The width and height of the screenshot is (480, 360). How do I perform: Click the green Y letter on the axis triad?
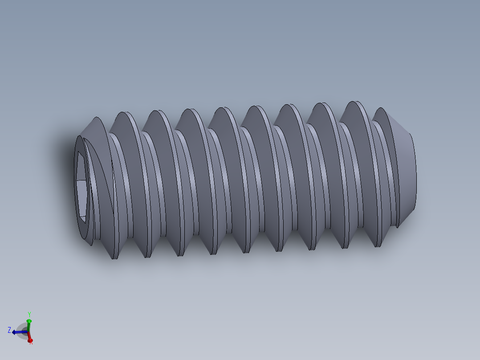[x=29, y=314]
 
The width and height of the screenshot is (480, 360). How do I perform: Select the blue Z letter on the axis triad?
[x=9, y=330]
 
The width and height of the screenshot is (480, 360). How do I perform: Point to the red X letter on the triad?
[x=31, y=342]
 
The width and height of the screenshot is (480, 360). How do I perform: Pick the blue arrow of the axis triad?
[x=18, y=332]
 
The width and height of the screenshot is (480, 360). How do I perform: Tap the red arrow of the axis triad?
[x=29, y=338]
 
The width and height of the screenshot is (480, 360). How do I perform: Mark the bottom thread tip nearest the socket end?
[x=114, y=256]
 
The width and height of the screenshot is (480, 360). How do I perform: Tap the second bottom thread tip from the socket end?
[x=147, y=255]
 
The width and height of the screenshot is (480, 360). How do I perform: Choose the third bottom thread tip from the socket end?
[x=180, y=254]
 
